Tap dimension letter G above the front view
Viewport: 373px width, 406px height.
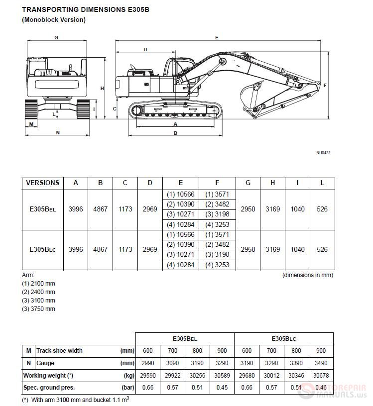click(x=56, y=37)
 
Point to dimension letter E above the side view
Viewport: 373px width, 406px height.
click(x=217, y=37)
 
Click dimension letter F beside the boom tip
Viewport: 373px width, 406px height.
click(x=325, y=86)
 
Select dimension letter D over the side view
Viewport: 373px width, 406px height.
click(x=145, y=49)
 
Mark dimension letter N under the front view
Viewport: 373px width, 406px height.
click(x=58, y=132)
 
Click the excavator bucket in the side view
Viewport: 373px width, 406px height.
click(x=249, y=97)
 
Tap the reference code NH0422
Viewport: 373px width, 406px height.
click(x=323, y=153)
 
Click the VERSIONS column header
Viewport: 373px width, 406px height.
click(x=42, y=183)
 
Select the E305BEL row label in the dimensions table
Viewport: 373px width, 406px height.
click(x=42, y=209)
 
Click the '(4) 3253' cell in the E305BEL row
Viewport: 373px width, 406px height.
click(x=217, y=224)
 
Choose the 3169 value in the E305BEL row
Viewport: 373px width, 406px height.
click(x=272, y=209)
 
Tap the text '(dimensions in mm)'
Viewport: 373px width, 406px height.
click(x=308, y=275)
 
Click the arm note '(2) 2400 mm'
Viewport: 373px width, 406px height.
click(x=38, y=292)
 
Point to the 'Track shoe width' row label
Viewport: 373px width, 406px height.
click(x=59, y=350)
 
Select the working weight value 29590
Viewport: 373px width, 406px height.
click(x=147, y=375)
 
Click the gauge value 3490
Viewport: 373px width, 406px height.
click(x=321, y=363)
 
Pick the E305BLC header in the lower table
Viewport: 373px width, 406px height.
click(x=284, y=338)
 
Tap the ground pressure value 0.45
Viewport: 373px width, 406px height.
click(x=222, y=387)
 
